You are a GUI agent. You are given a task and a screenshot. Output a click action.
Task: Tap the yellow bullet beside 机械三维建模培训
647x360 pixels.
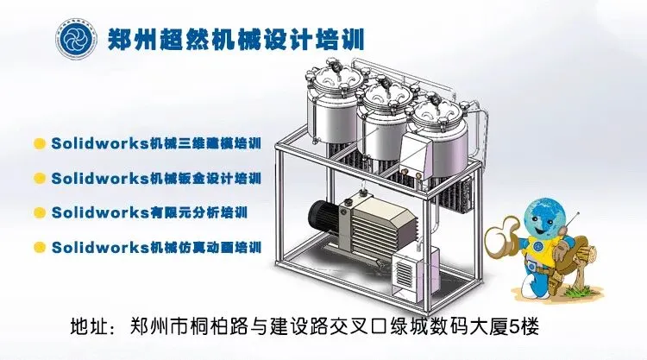39,142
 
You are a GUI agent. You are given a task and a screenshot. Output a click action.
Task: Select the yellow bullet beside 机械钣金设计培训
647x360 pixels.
39,178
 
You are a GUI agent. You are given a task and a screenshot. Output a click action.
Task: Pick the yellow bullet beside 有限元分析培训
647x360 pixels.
39,212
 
